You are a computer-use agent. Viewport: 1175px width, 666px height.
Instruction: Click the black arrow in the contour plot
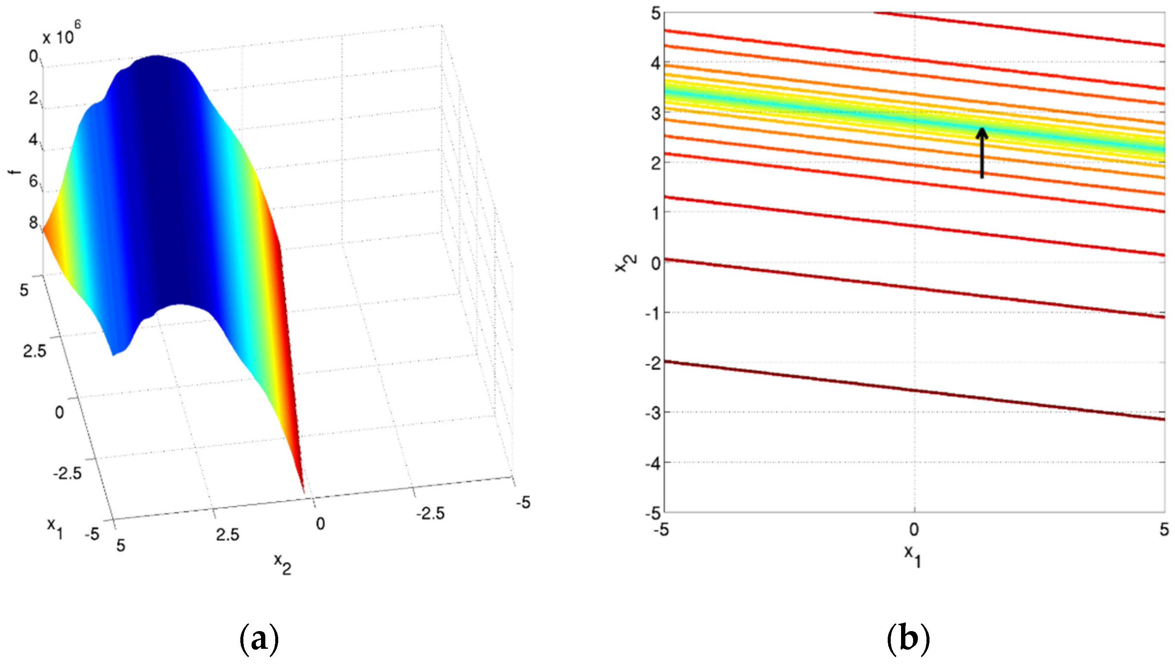tap(981, 153)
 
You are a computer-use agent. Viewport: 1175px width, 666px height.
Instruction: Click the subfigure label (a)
tap(259, 639)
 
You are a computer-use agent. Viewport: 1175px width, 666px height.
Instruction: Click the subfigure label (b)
tap(908, 639)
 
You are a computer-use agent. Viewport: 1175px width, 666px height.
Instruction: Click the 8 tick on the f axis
tap(33, 223)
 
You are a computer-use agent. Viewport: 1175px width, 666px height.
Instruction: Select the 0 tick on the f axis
tap(33, 57)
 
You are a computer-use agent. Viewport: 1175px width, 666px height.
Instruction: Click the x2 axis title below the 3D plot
tap(283, 563)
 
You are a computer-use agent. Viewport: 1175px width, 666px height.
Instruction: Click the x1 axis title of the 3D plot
tap(55, 529)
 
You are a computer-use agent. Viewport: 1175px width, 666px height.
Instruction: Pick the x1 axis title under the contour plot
tap(913, 556)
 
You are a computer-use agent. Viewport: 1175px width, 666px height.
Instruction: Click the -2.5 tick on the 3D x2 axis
tap(430, 513)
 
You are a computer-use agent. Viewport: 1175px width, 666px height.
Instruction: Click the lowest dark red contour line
tap(914, 390)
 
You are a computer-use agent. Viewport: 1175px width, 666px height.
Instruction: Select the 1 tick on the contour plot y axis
tap(655, 213)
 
